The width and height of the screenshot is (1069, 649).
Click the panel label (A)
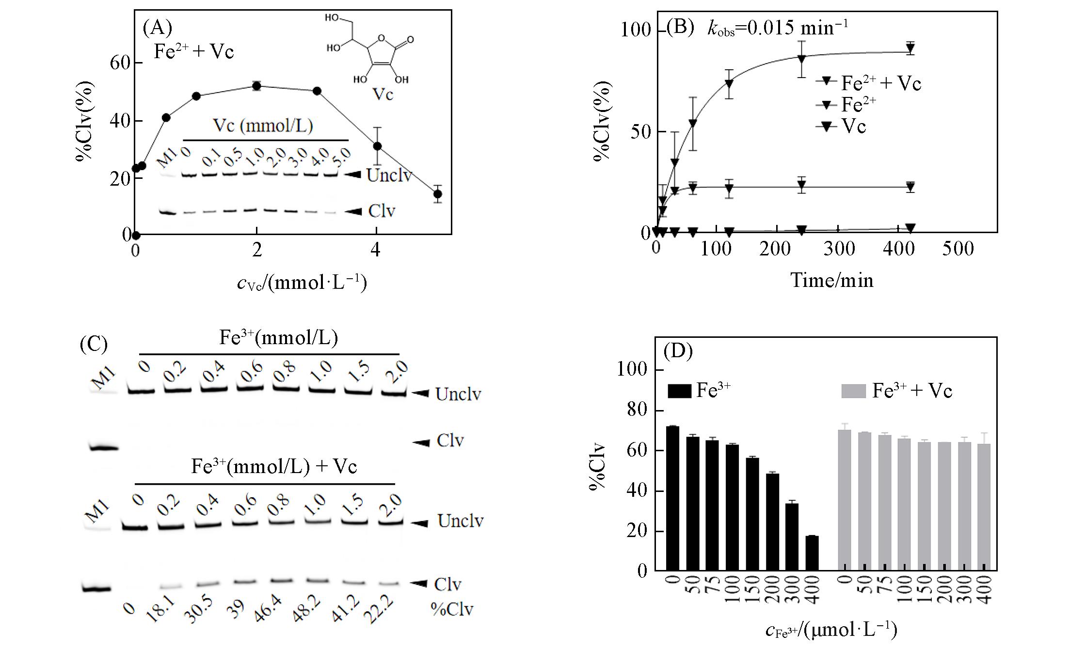(157, 29)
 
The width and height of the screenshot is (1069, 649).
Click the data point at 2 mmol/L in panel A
(257, 86)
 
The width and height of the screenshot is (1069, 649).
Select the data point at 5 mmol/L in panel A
(437, 194)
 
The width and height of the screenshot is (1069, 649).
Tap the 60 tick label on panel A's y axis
(119, 63)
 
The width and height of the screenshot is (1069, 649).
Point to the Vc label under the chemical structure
(383, 94)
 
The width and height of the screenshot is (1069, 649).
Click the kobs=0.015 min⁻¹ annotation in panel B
(778, 28)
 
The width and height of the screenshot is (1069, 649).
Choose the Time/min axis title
(832, 280)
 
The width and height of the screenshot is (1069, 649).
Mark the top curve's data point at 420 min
(910, 48)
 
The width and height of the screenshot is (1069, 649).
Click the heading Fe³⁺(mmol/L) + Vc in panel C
(274, 466)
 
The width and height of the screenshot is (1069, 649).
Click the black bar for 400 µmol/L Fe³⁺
(812, 553)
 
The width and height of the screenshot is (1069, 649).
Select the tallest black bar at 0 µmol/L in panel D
(673, 498)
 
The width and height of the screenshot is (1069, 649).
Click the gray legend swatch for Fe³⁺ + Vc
(853, 391)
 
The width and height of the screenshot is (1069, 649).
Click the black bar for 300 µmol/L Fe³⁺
(792, 537)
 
